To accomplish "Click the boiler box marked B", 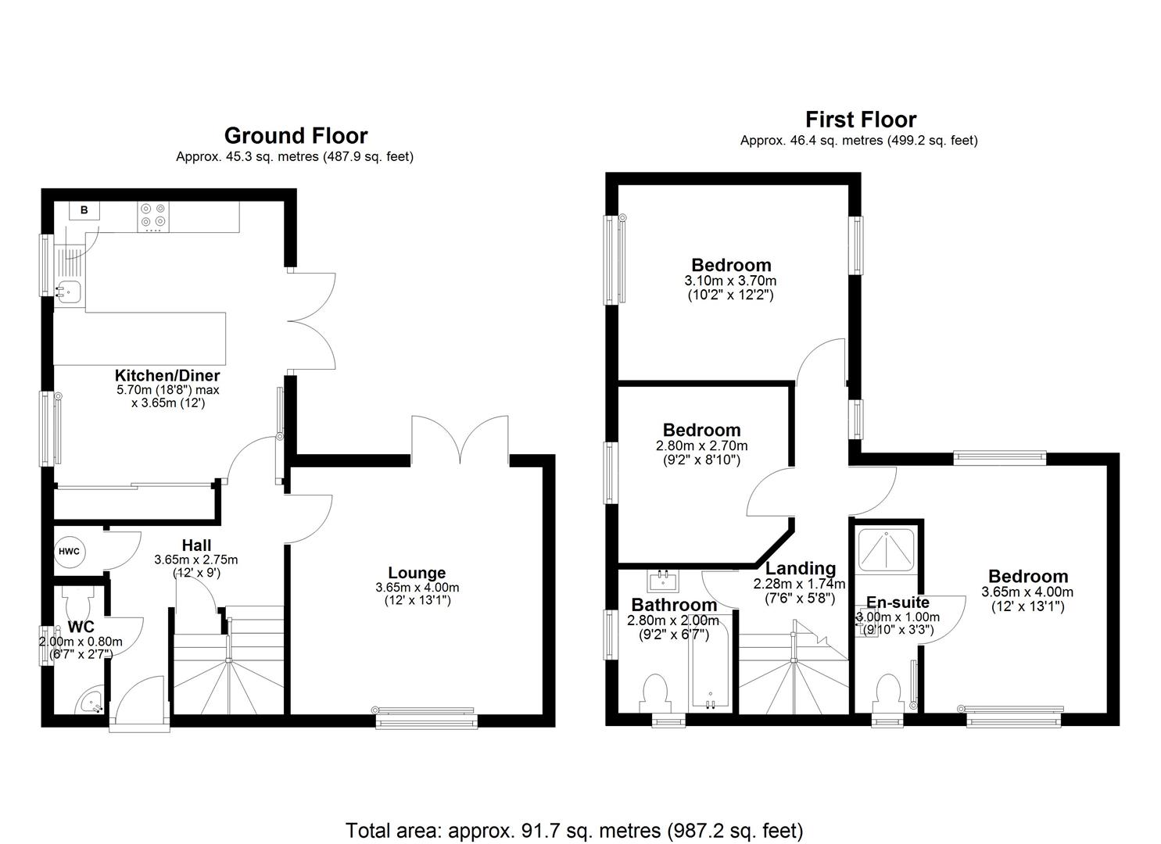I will pos(84,210).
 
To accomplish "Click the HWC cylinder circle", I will pos(69,551).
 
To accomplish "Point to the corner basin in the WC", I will pos(90,703).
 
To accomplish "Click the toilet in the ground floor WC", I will pos(78,600).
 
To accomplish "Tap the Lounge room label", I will pos(417,573).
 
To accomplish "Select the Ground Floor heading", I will pos(296,135).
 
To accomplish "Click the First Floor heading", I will pos(860,120).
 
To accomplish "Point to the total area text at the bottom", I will pos(575,830).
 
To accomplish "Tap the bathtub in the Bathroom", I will pos(710,664).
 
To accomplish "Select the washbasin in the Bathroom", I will pos(664,580).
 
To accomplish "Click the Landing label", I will pos(801,568).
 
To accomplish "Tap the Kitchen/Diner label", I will pos(167,375).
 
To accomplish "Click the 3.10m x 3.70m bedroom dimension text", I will pos(730,281).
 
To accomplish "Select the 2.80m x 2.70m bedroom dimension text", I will pos(701,445).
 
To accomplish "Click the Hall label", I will pos(196,545).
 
